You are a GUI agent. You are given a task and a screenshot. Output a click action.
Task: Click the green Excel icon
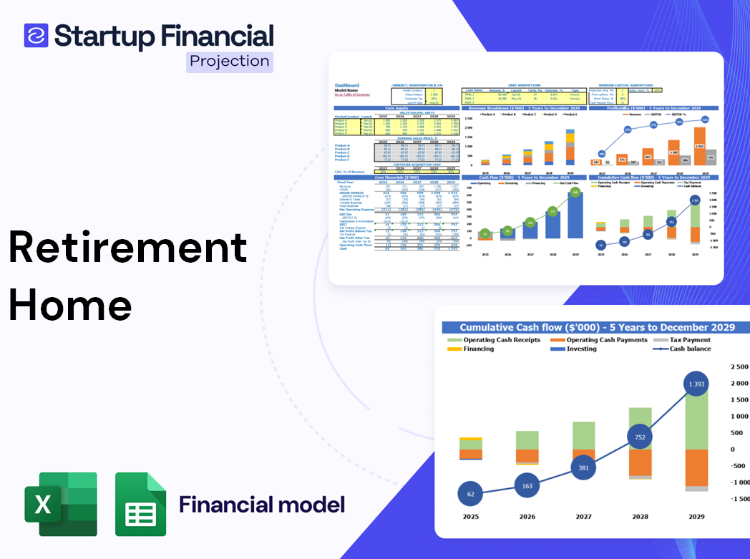[61, 504]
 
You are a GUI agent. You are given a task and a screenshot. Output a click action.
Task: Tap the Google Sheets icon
[140, 504]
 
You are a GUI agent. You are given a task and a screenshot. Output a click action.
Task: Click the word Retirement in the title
[128, 248]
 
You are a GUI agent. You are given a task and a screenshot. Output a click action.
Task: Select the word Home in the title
[71, 306]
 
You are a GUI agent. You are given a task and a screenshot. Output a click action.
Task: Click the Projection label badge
[229, 61]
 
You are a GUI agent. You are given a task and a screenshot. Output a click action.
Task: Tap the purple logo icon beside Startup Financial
[36, 35]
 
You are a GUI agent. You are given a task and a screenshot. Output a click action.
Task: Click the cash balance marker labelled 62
[470, 494]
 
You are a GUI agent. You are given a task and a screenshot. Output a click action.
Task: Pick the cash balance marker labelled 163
[527, 486]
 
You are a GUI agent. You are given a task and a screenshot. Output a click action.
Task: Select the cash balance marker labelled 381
[583, 468]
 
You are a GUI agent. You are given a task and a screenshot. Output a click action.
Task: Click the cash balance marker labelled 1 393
[696, 384]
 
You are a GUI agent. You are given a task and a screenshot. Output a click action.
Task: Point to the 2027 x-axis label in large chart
[583, 516]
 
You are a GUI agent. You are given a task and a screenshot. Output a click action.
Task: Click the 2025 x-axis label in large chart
[470, 516]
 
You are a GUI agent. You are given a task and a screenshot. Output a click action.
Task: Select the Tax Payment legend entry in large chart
[690, 340]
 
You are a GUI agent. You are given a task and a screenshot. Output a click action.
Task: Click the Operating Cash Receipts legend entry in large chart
[502, 340]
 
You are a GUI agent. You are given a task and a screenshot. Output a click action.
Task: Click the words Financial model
[262, 505]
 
